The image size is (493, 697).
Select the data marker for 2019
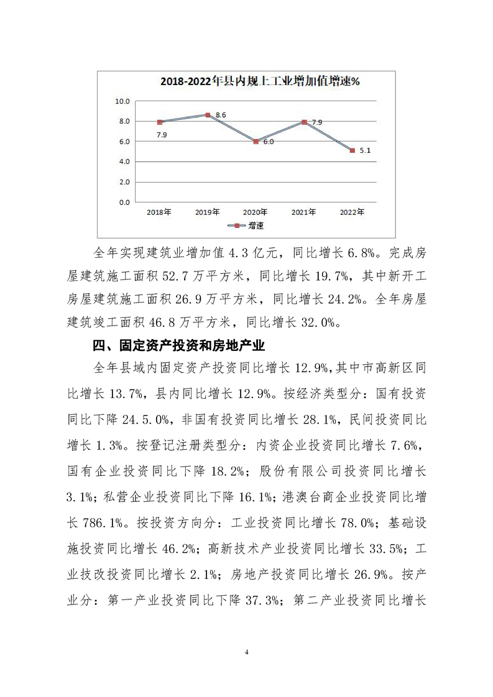[208, 115]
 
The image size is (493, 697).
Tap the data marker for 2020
[256, 142]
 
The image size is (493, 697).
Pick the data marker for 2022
[352, 150]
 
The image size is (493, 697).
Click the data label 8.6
[221, 116]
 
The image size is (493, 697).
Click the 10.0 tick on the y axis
[122, 101]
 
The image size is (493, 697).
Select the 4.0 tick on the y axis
[122, 162]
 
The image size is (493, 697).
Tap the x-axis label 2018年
[159, 212]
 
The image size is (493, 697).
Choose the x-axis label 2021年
[303, 212]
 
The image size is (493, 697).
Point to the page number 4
[247, 652]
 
